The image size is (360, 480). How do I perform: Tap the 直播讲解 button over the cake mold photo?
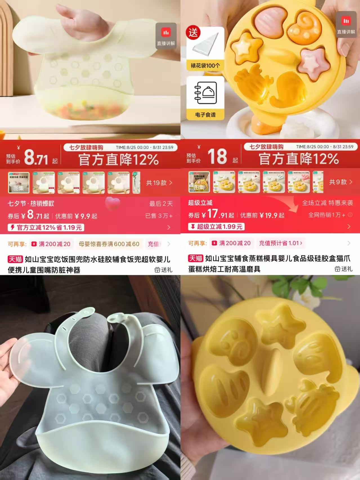[x=346, y=24]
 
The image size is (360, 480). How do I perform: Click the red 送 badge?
[x=193, y=33]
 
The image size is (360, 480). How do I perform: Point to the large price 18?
[x=217, y=156]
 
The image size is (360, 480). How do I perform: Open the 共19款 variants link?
[x=159, y=183]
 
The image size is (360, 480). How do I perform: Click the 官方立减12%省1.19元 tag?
[x=46, y=227]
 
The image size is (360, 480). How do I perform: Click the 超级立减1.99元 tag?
[x=216, y=226]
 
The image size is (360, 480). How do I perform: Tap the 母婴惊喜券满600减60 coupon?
[x=109, y=244]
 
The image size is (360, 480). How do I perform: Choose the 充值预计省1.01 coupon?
[x=280, y=243]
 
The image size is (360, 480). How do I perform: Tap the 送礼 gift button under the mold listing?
[x=343, y=269]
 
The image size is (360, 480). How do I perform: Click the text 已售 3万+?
[x=159, y=216]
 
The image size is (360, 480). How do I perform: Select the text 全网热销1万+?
[x=327, y=215]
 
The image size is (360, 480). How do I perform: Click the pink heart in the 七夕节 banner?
[x=112, y=203]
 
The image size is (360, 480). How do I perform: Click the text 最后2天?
[x=161, y=204]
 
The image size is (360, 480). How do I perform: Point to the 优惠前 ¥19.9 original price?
[x=262, y=216]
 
